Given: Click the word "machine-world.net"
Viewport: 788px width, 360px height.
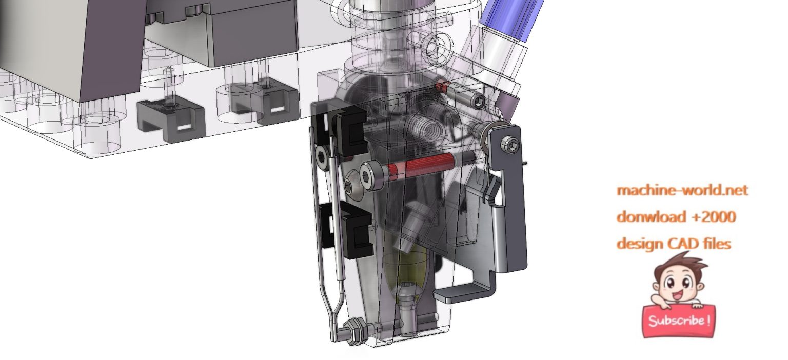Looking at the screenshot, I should tap(682, 190).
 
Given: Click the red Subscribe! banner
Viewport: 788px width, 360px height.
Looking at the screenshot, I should tap(679, 321).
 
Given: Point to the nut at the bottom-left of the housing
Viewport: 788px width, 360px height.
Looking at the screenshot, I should tap(354, 327).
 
